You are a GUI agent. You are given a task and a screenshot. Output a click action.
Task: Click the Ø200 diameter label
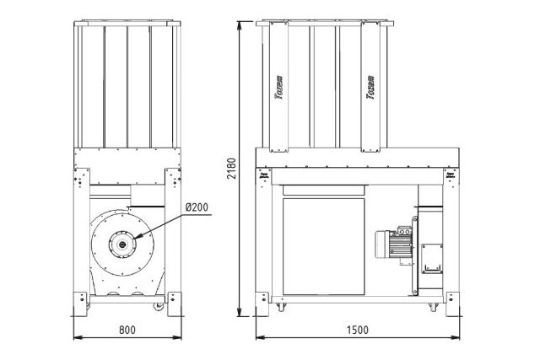tap(197, 205)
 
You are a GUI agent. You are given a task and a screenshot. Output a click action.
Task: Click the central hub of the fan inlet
tap(124, 244)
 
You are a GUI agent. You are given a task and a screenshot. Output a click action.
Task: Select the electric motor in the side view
tap(390, 244)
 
